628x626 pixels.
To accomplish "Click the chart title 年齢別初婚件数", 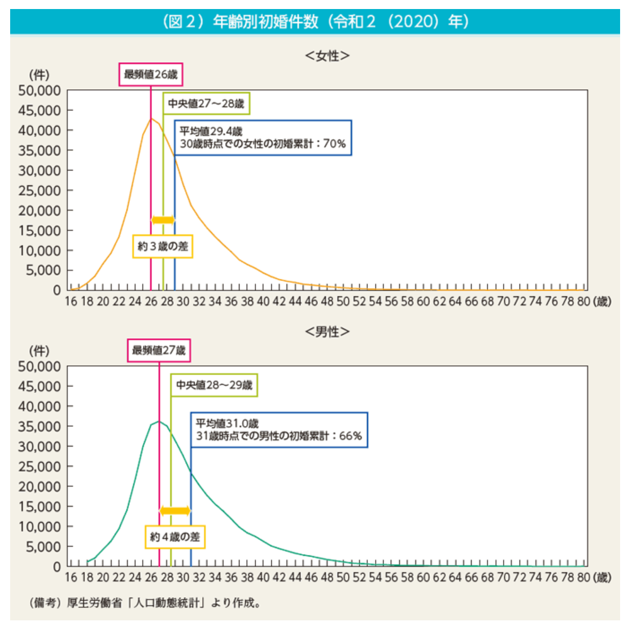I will point(265,22).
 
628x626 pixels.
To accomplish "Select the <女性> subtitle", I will point(327,55).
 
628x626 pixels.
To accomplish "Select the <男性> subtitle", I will point(327,331).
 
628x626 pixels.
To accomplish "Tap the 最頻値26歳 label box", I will point(151,75).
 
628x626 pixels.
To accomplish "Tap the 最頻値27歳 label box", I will point(159,351).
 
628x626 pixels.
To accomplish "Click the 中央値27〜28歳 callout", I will point(206,104).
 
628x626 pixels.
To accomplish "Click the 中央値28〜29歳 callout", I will point(214,385).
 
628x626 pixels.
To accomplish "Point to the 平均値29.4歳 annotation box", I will point(263,138).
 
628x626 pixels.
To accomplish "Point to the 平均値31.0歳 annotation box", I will point(279,430).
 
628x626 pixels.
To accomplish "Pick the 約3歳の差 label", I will point(163,247).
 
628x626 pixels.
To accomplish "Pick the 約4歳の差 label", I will point(175,537).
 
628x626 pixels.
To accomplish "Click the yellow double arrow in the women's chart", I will point(163,220).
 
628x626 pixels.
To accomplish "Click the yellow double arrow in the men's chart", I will point(175,511).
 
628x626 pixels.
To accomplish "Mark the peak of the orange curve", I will point(151,119).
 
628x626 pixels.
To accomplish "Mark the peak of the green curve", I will point(159,421).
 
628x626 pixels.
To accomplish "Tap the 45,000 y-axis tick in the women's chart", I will point(40,111).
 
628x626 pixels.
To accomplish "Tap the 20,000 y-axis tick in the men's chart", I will point(40,487).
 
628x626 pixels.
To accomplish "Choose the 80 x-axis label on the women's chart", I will point(583,301).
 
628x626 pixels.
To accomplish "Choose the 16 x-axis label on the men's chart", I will point(71,577).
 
